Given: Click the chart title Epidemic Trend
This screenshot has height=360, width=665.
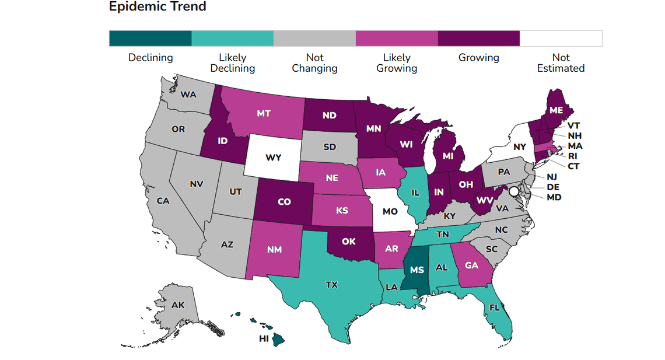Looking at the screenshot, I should pos(157,7).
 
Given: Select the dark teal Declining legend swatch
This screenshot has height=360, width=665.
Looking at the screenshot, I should pos(150,39).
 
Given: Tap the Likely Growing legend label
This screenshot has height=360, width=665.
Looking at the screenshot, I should pos(397,63).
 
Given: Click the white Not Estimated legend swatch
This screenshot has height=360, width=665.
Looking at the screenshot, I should pos(561,39).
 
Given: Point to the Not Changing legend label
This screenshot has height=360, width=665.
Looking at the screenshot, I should pos(314,63).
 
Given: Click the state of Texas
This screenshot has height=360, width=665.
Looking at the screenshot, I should pos(331,285).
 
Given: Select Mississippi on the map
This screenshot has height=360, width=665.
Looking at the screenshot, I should pos(416,270).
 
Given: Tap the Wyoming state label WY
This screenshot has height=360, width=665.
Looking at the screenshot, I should pos(273,158).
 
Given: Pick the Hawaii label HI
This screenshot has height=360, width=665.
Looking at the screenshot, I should pos(264,338).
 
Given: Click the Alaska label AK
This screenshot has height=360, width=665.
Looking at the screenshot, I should pos(178,305).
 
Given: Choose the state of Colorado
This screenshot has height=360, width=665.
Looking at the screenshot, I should pos(284,202).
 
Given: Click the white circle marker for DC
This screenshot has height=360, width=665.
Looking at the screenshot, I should pos(514,191).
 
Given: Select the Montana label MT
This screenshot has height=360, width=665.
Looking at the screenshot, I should pos(263,113).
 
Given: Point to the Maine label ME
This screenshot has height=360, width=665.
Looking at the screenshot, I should pos(555,110).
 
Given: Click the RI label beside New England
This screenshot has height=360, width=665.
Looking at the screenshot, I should pos(573,156).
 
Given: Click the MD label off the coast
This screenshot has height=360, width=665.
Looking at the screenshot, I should pos(554,197).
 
